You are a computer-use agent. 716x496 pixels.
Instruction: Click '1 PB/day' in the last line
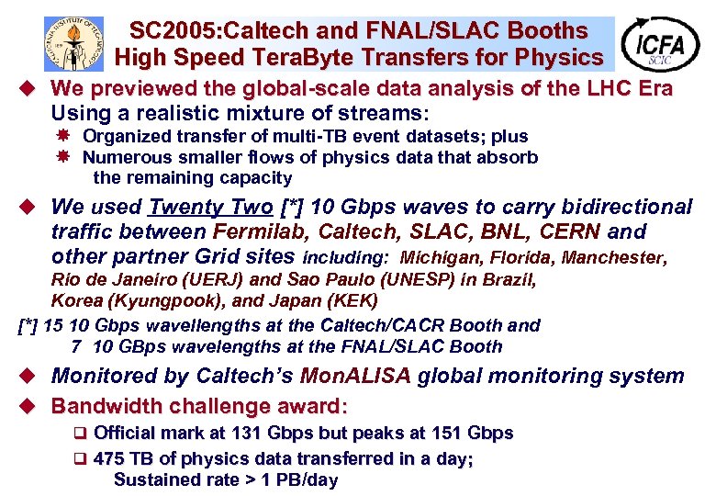point(300,479)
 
